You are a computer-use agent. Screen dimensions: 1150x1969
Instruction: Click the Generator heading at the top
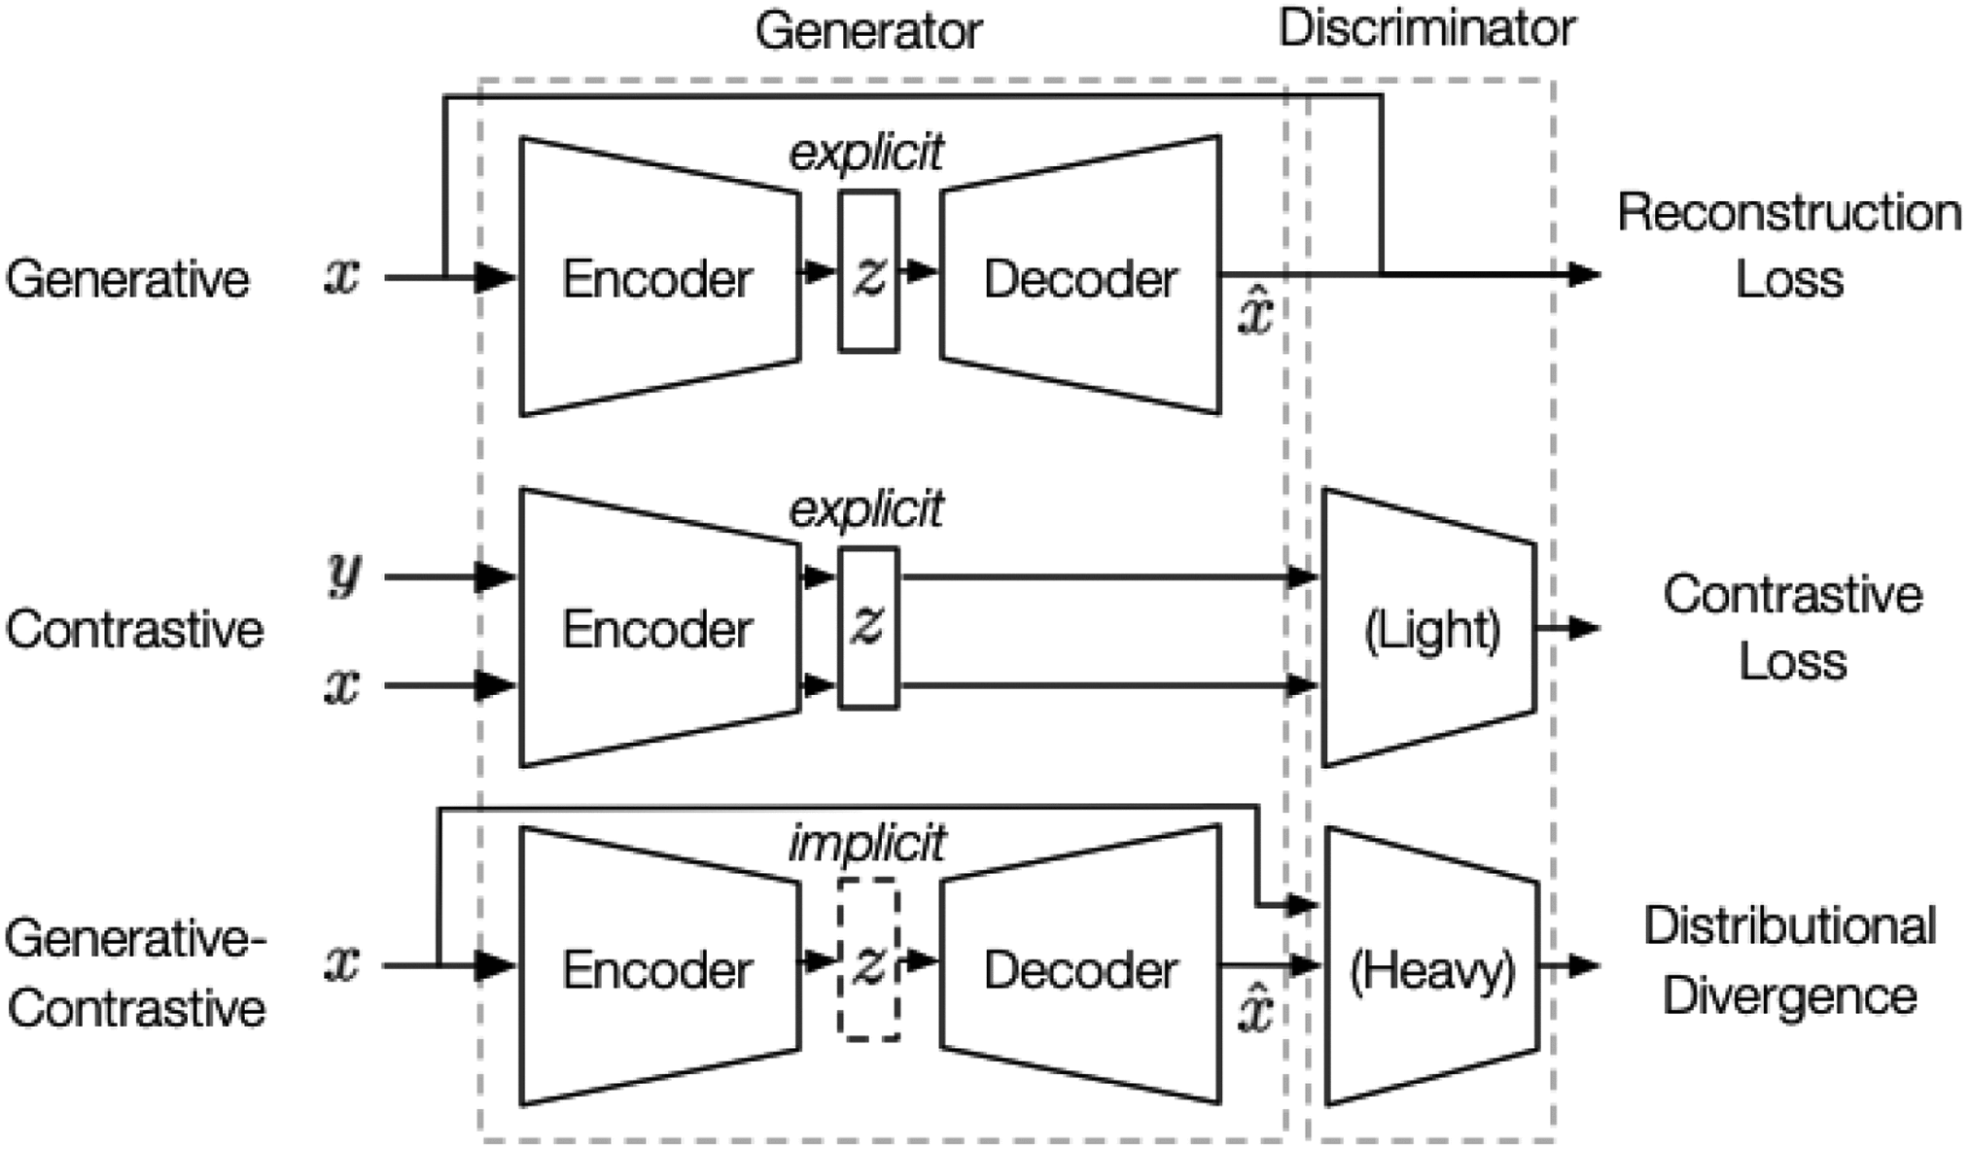pyautogui.click(x=868, y=31)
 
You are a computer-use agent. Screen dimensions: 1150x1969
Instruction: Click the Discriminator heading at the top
pyautogui.click(x=1426, y=28)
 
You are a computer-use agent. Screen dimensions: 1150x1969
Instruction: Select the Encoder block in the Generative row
pyautogui.click(x=658, y=278)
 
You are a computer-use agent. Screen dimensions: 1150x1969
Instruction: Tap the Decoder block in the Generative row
pyautogui.click(x=1080, y=278)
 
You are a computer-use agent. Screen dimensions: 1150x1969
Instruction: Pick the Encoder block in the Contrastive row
pyautogui.click(x=658, y=628)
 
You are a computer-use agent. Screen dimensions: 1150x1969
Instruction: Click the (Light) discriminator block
pyautogui.click(x=1431, y=629)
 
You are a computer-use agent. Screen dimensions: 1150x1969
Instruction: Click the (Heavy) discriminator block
pyautogui.click(x=1432, y=968)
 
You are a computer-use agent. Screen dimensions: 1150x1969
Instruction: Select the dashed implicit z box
pyautogui.click(x=868, y=960)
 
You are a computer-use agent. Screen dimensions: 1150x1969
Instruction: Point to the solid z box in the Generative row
pyautogui.click(x=868, y=271)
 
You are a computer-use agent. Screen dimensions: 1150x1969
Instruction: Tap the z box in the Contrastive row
pyautogui.click(x=868, y=627)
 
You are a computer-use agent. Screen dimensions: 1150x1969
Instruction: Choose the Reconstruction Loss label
pyautogui.click(x=1789, y=245)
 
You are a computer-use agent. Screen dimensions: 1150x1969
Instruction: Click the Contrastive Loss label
pyautogui.click(x=1792, y=627)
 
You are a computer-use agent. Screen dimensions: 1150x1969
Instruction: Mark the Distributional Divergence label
pyautogui.click(x=1789, y=960)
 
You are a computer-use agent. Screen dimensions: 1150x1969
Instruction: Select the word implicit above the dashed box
pyautogui.click(x=866, y=844)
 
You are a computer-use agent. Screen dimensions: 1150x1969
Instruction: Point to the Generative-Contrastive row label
pyautogui.click(x=136, y=972)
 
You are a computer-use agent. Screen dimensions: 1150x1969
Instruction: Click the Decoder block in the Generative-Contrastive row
pyautogui.click(x=1080, y=968)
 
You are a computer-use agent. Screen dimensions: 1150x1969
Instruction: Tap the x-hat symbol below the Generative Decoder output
pyautogui.click(x=1254, y=313)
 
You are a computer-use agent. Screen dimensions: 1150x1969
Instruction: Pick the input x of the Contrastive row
pyautogui.click(x=342, y=685)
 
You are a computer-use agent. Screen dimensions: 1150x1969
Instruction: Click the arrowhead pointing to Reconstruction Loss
pyautogui.click(x=1585, y=275)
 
